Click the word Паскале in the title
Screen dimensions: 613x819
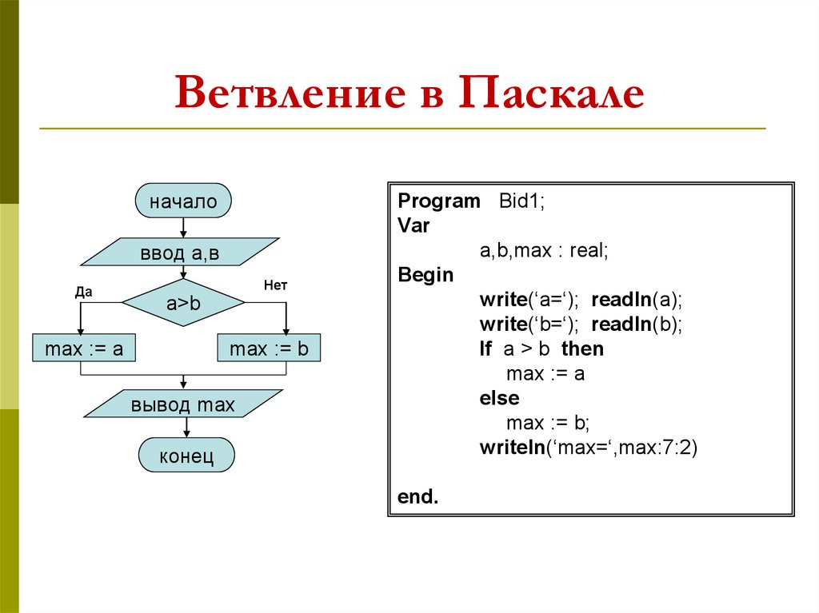pyautogui.click(x=551, y=93)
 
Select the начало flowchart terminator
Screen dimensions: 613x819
pyautogui.click(x=183, y=201)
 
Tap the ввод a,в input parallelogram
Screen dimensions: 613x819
pyautogui.click(x=180, y=253)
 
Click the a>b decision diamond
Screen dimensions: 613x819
pyautogui.click(x=183, y=303)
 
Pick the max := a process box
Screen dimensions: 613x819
pyautogui.click(x=84, y=348)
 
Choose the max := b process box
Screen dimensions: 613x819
pyautogui.click(x=269, y=348)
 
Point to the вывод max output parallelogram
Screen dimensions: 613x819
pyautogui.click(x=183, y=404)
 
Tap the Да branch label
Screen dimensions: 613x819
pyautogui.click(x=83, y=292)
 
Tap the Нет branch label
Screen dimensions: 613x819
pyautogui.click(x=275, y=285)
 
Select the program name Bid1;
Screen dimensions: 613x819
pyautogui.click(x=521, y=201)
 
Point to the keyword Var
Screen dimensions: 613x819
pyautogui.click(x=413, y=225)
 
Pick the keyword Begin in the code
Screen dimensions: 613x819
pyautogui.click(x=425, y=275)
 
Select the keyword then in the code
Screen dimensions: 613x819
pyautogui.click(x=582, y=348)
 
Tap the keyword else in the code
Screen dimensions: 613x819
pyautogui.click(x=500, y=397)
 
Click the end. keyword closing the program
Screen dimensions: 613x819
pyautogui.click(x=418, y=496)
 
